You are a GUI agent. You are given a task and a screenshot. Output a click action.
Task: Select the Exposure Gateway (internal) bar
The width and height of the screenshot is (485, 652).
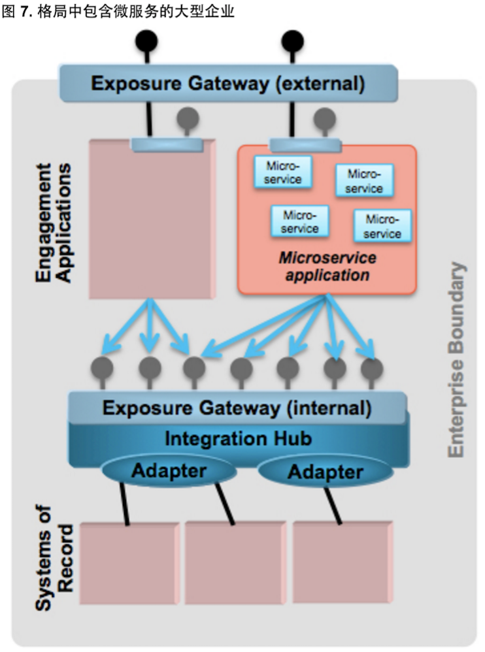(237, 409)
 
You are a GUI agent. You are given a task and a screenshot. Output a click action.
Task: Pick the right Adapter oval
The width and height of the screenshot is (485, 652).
(325, 471)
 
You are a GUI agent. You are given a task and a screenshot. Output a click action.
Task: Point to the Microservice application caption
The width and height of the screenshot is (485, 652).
(327, 266)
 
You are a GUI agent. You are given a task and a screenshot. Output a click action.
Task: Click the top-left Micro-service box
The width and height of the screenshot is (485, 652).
(283, 172)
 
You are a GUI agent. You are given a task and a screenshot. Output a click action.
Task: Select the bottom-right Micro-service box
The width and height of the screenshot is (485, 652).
(382, 226)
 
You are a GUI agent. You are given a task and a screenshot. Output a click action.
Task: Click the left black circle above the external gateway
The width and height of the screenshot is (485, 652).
(146, 41)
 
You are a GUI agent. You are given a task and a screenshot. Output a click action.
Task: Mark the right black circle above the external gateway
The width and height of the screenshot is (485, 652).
(292, 41)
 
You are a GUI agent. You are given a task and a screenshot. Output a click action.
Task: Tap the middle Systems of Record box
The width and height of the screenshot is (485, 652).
(235, 562)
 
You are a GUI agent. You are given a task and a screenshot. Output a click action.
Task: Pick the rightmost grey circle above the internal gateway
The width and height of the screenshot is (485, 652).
(372, 367)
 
